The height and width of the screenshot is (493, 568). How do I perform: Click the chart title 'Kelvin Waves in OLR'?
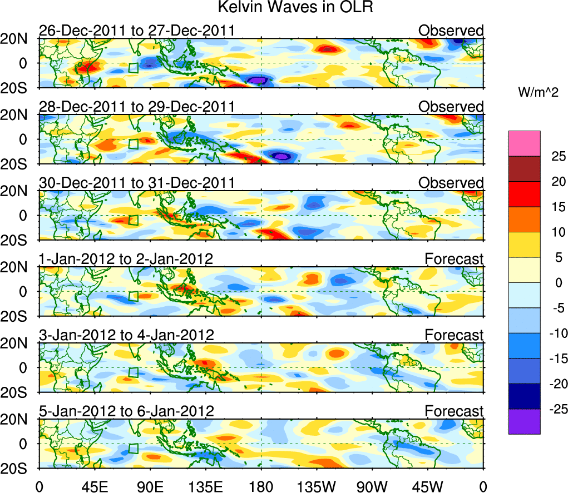284,8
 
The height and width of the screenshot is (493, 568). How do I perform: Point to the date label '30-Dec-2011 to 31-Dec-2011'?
136,183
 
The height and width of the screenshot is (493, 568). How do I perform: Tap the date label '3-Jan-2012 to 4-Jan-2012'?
126,336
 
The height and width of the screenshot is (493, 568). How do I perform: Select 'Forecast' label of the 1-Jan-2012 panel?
454,260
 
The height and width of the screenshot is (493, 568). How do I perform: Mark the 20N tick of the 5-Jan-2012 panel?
18,419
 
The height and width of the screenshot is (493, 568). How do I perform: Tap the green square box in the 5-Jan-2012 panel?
133,449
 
